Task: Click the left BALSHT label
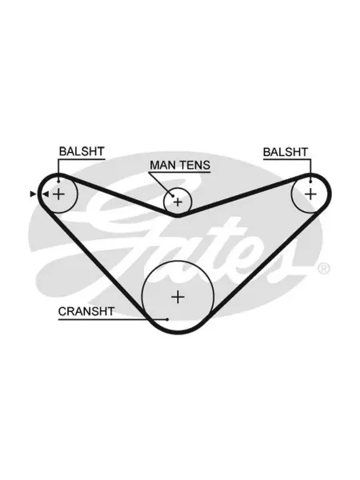click(x=82, y=151)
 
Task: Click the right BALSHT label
click(x=286, y=152)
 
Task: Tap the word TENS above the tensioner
click(x=195, y=165)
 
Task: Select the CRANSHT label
click(x=86, y=311)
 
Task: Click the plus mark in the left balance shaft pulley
click(x=58, y=194)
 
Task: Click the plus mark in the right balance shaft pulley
click(x=310, y=194)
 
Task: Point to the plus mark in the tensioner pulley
click(x=178, y=202)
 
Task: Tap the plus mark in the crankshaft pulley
click(x=178, y=297)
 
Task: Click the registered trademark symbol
click(x=323, y=269)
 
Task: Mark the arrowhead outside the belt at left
click(x=33, y=194)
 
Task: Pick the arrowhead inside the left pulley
click(x=46, y=194)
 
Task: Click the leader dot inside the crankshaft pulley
click(x=167, y=319)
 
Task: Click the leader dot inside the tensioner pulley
click(x=173, y=196)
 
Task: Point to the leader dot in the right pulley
click(x=310, y=182)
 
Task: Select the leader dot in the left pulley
click(x=58, y=182)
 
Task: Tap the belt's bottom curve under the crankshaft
click(x=178, y=332)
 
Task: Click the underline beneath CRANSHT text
click(x=113, y=319)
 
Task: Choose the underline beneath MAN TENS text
click(x=180, y=172)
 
